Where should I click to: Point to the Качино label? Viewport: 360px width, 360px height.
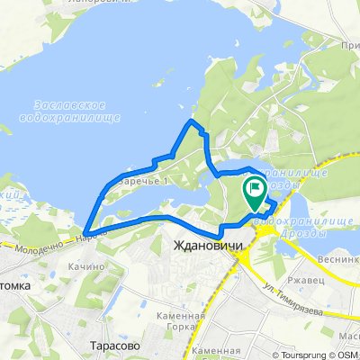point(85,267)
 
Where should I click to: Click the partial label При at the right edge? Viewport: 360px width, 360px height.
point(349,55)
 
